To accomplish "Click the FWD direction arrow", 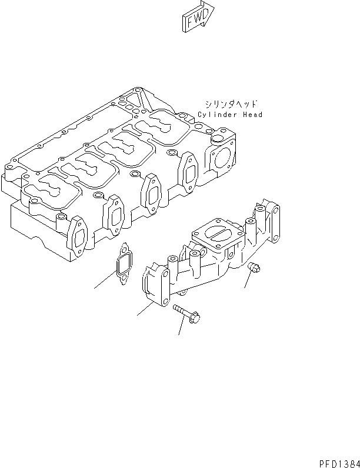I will point(197,18).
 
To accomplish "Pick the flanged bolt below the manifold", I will point(188,313).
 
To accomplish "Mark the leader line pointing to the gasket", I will point(105,281).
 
